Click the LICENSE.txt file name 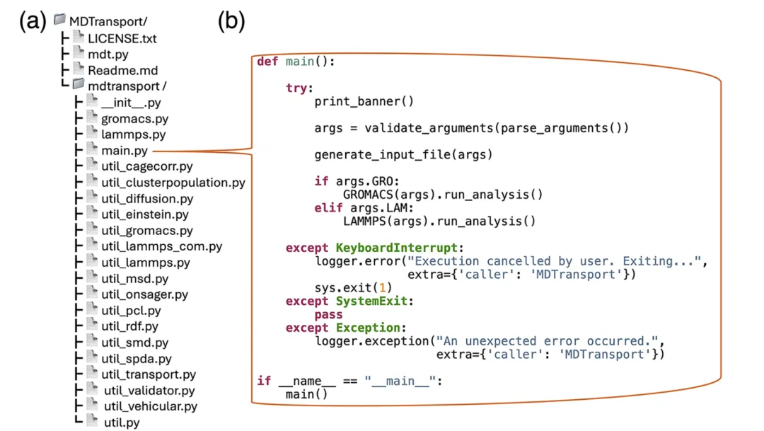click(x=122, y=38)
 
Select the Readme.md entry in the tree click(x=123, y=71)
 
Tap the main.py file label click(x=125, y=151)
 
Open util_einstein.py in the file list click(x=145, y=214)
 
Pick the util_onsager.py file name click(x=145, y=294)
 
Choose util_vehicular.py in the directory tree click(x=151, y=406)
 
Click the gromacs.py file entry click(x=134, y=119)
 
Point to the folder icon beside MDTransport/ click(x=59, y=20)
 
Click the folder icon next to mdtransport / click(x=79, y=84)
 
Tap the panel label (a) click(x=33, y=21)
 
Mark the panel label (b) click(x=231, y=21)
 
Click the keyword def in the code click(x=267, y=62)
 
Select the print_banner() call click(x=364, y=101)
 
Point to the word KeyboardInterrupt click(x=396, y=248)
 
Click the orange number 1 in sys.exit click(x=383, y=287)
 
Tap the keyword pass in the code click(x=328, y=314)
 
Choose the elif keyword click(x=328, y=207)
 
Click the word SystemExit click(x=371, y=301)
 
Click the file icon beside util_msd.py click(x=92, y=277)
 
